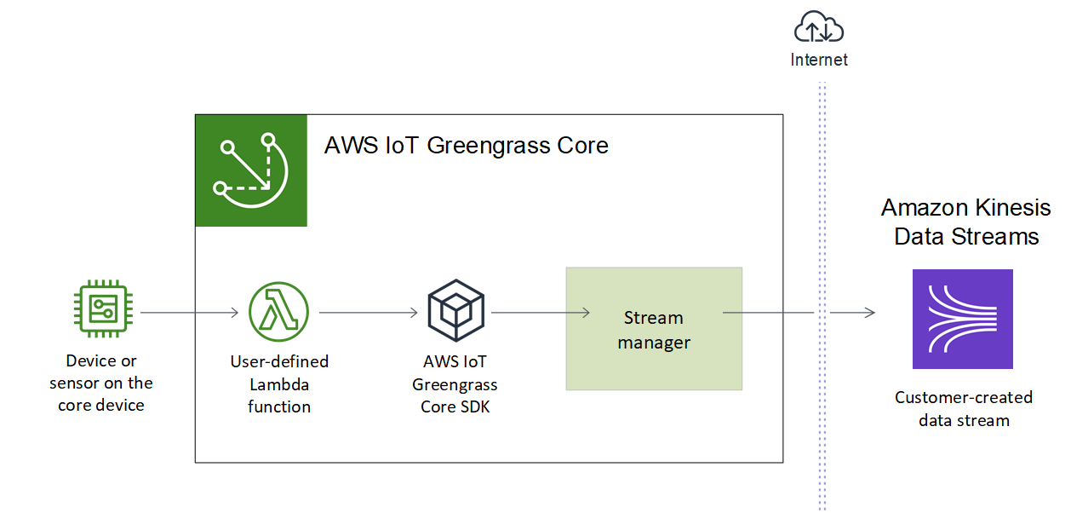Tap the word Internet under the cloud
point(819,60)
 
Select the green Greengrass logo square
point(251,170)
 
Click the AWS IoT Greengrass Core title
point(466,146)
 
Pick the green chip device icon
point(101,313)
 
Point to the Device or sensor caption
point(101,383)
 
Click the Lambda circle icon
point(278,313)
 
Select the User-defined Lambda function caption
point(279,383)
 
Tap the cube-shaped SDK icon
point(455,313)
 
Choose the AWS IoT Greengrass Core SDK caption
point(455,384)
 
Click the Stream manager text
point(653,330)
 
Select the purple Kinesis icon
point(962,319)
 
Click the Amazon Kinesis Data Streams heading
point(965,222)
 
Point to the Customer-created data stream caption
point(964,408)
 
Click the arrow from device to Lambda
point(189,313)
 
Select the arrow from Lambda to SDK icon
point(368,313)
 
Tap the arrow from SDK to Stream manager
point(540,313)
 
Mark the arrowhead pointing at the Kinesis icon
point(870,313)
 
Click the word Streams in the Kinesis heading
point(997,236)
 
